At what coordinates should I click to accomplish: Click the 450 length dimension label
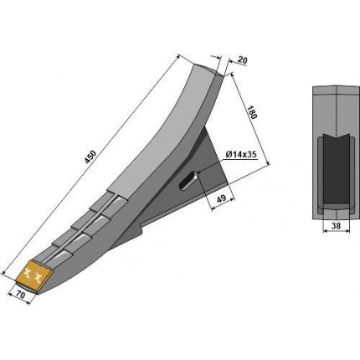tap(92, 157)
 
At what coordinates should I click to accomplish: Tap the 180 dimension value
tap(251, 112)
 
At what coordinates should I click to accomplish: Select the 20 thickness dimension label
tap(243, 60)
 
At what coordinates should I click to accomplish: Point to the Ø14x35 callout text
tap(241, 154)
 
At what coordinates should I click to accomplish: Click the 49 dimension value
tap(221, 198)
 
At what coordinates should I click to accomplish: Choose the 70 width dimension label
tap(19, 295)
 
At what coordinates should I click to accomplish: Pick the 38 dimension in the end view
tap(337, 225)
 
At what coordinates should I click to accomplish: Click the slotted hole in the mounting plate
tap(188, 182)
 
